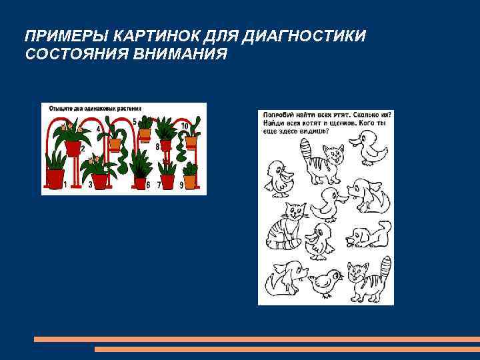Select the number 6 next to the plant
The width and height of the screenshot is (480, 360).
click(148, 185)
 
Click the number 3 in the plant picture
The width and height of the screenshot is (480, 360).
click(90, 184)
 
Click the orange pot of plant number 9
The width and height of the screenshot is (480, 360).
click(190, 181)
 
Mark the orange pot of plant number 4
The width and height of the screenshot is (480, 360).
click(115, 145)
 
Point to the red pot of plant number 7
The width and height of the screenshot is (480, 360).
click(167, 181)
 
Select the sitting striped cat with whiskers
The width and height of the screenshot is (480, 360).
click(285, 227)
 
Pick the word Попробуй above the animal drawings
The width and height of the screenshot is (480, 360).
click(279, 114)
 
